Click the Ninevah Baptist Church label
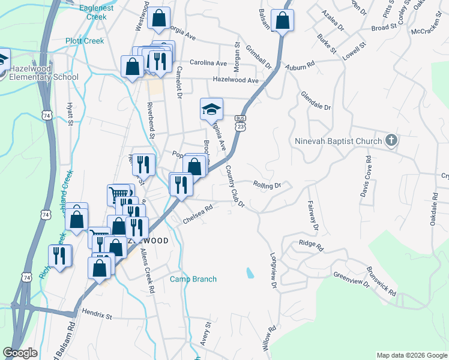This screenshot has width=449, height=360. (339, 142)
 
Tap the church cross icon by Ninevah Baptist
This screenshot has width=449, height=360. (391, 141)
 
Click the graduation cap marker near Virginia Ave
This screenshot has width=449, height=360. (211, 109)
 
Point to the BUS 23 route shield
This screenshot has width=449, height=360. (240, 122)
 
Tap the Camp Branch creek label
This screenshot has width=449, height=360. (193, 279)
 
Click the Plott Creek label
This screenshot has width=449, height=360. (85, 41)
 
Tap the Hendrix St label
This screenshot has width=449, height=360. (97, 313)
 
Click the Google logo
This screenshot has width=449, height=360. (20, 353)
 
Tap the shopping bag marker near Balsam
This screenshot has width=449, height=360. (281, 21)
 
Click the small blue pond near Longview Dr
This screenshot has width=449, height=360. (249, 273)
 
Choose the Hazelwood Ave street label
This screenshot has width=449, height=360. (235, 80)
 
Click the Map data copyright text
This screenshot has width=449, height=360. (412, 355)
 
